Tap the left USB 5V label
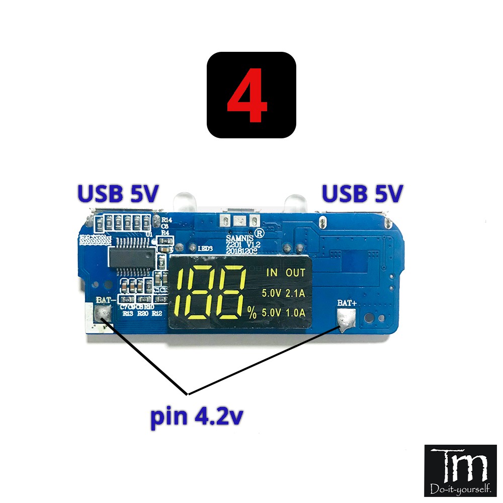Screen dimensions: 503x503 tap(117, 194)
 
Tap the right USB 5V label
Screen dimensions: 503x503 tap(363, 194)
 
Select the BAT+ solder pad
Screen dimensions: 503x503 tap(346, 318)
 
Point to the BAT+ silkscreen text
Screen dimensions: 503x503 tap(347, 303)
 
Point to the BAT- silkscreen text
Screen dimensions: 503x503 tap(104, 300)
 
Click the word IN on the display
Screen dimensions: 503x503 tap(272, 273)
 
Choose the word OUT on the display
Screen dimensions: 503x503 tap(295, 273)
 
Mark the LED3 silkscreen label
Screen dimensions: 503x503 tap(205, 248)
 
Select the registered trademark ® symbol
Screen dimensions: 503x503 tap(260, 233)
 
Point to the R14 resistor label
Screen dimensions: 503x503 tap(166, 220)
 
